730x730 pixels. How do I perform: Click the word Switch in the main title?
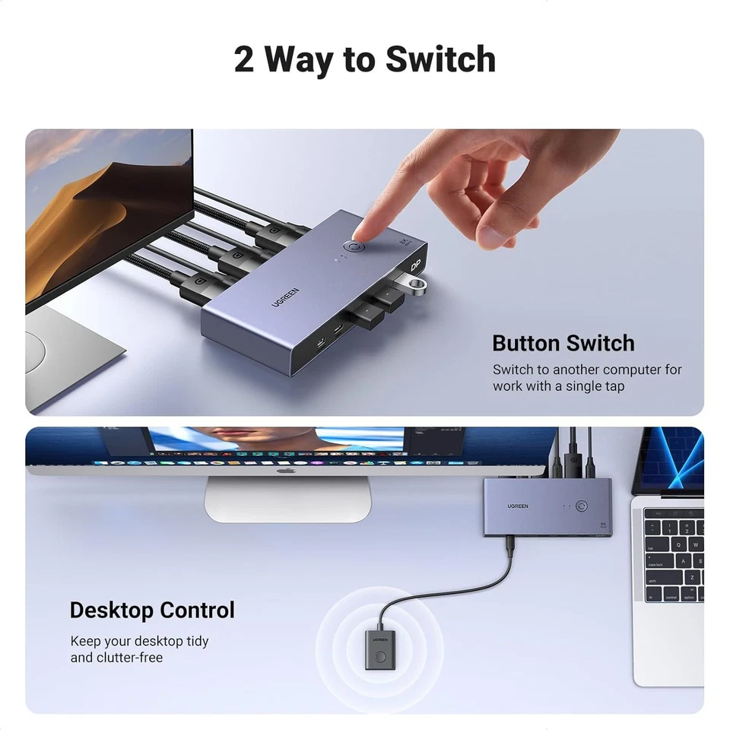tap(440, 59)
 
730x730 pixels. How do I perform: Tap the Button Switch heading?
tap(563, 343)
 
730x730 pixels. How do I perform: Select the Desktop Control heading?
tap(152, 610)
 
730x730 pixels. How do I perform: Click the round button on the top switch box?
tap(355, 249)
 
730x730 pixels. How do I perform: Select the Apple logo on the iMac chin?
tap(285, 471)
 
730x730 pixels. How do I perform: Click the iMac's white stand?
tap(287, 500)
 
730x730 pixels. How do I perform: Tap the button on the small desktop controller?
tap(379, 653)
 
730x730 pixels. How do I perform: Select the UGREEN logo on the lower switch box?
tap(519, 506)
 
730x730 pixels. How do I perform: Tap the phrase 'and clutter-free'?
tap(116, 657)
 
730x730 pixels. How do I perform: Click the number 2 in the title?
tap(243, 60)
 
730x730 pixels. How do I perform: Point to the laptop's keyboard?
tap(674, 555)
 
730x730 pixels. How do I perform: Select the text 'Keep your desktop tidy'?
tap(139, 641)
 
